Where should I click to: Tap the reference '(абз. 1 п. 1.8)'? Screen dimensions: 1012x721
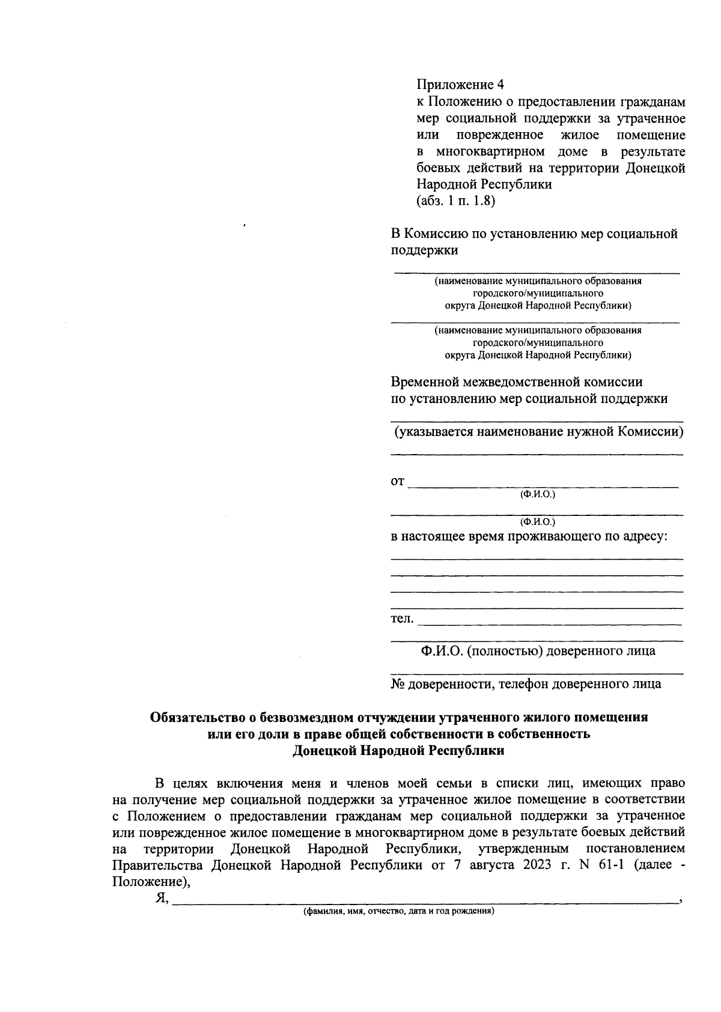tap(455, 202)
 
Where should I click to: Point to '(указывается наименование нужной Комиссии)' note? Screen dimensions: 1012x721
tap(538, 432)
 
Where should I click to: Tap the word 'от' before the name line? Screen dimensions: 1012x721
tap(398, 482)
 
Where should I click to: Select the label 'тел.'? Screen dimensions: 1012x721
tap(402, 619)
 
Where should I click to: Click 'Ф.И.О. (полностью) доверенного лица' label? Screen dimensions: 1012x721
tap(538, 651)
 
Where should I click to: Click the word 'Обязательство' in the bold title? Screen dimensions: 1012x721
tap(198, 718)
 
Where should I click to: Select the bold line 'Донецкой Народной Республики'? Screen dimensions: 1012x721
tap(398, 751)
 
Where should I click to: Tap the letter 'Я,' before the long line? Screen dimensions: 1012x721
tap(161, 898)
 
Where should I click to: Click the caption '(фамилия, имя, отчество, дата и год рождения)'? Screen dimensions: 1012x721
tap(398, 911)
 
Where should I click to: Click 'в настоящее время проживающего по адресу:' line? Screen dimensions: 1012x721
tap(529, 536)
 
